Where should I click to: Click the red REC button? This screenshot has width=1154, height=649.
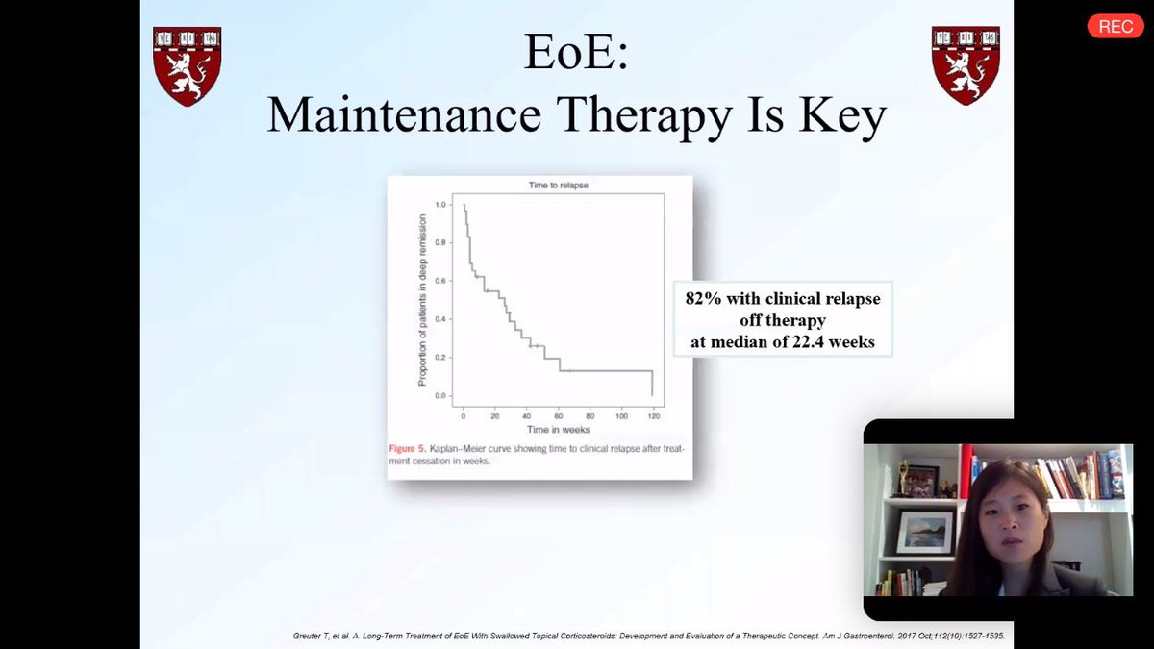[1115, 27]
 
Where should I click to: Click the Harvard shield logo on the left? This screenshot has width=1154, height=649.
[187, 65]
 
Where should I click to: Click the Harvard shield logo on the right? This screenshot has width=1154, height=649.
[966, 65]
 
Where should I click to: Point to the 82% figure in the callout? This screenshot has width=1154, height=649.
[704, 299]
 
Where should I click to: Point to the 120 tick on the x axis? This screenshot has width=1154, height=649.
[653, 416]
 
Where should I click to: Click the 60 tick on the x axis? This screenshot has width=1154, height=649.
[558, 416]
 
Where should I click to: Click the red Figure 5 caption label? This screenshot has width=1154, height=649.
[414, 449]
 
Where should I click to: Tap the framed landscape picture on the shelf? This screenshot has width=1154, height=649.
[924, 532]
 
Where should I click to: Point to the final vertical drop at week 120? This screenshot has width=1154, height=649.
[653, 383]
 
